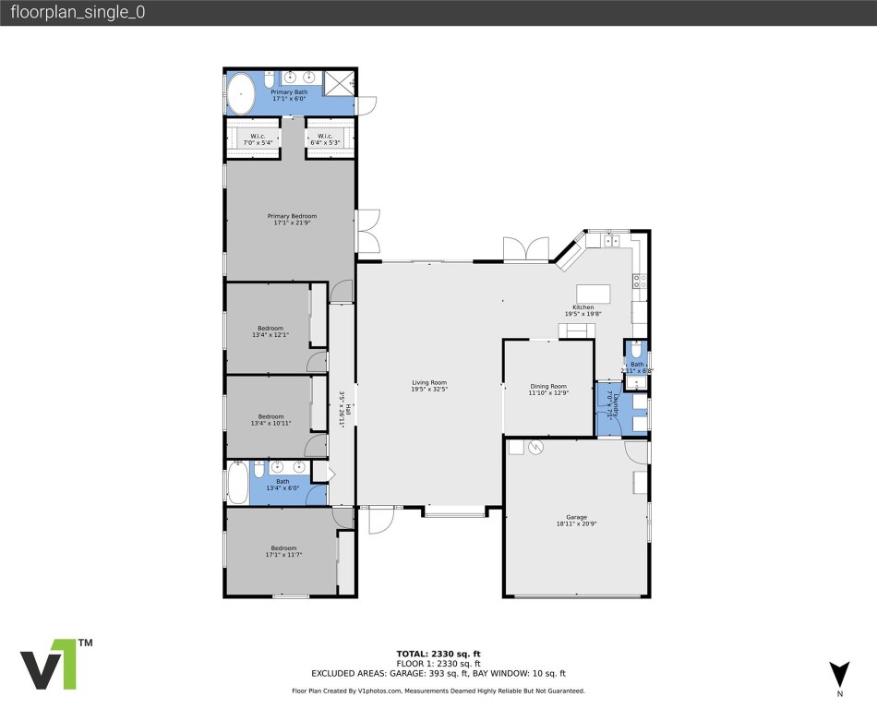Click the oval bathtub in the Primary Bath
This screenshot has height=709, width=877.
[x=242, y=94]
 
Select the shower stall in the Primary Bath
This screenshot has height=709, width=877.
[x=341, y=82]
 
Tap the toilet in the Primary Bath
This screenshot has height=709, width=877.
[x=270, y=79]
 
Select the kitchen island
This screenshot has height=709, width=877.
[x=593, y=294]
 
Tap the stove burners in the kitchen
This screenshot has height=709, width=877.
[x=639, y=280]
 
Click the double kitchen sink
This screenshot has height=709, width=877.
[x=610, y=242]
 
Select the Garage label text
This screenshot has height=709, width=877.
[x=577, y=517]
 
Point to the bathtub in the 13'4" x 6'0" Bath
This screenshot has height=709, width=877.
[x=237, y=482]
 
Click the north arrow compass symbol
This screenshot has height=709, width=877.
[x=838, y=673]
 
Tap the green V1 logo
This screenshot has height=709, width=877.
[x=49, y=664]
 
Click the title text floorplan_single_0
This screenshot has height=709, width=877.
[x=78, y=13]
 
